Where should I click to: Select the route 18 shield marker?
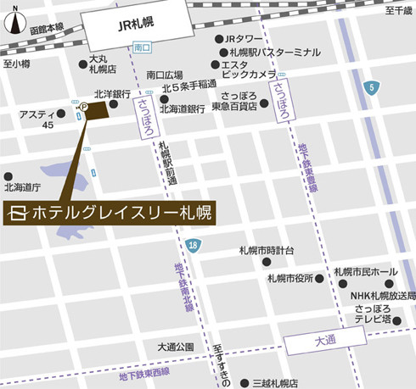point(194,245)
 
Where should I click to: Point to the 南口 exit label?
point(142,48)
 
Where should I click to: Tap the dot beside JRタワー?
point(216,39)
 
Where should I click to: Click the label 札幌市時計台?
point(266,252)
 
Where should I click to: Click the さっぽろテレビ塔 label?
point(373,315)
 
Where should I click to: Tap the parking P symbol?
point(83,108)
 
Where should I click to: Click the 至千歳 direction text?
point(397,11)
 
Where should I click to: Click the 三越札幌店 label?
point(264,382)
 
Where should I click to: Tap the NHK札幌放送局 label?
point(383,295)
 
